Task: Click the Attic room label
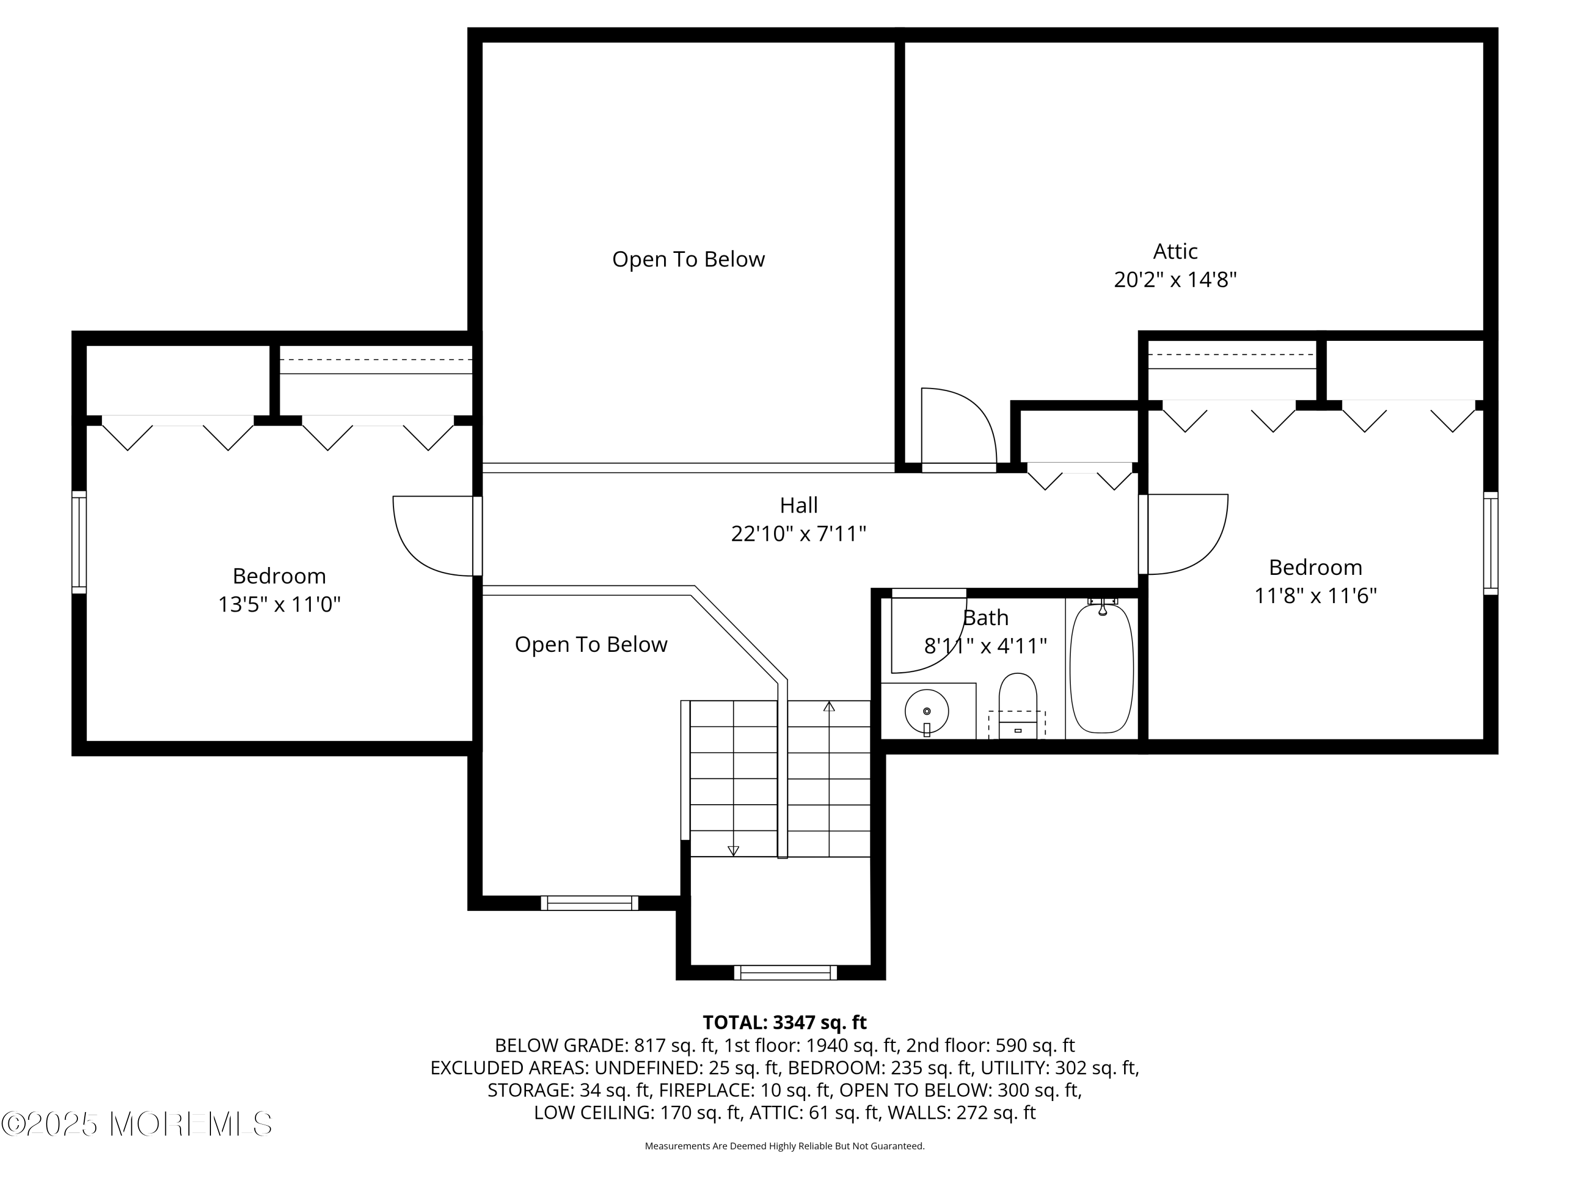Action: (1175, 251)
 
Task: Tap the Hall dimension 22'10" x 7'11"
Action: (799, 534)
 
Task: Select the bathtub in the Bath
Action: (1102, 668)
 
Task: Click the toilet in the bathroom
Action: (1018, 706)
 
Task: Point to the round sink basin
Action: (927, 711)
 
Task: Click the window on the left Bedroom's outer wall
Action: (79, 542)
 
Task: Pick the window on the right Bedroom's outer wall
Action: (1490, 543)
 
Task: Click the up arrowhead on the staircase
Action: (829, 706)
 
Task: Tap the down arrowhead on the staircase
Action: (733, 851)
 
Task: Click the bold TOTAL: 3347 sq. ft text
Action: (784, 1023)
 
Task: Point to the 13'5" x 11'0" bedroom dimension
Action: (279, 604)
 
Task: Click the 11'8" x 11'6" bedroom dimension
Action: (1315, 595)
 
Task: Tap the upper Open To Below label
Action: (689, 259)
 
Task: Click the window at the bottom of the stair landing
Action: (785, 973)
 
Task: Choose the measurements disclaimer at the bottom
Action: (784, 1146)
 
